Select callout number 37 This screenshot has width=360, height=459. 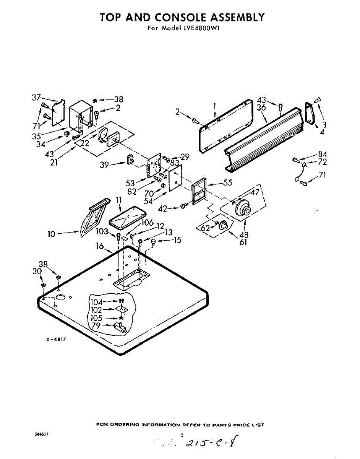(36, 98)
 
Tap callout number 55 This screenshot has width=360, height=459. (228, 183)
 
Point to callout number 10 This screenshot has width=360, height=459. (52, 233)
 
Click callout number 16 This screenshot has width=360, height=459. (100, 246)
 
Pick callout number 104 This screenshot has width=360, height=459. (96, 302)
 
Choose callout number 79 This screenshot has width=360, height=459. (96, 326)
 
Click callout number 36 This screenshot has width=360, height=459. (261, 108)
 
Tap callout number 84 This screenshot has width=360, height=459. (323, 155)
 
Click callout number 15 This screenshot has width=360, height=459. (177, 240)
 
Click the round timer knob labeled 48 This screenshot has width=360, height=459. (243, 210)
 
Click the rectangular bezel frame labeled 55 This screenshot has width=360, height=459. (199, 193)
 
